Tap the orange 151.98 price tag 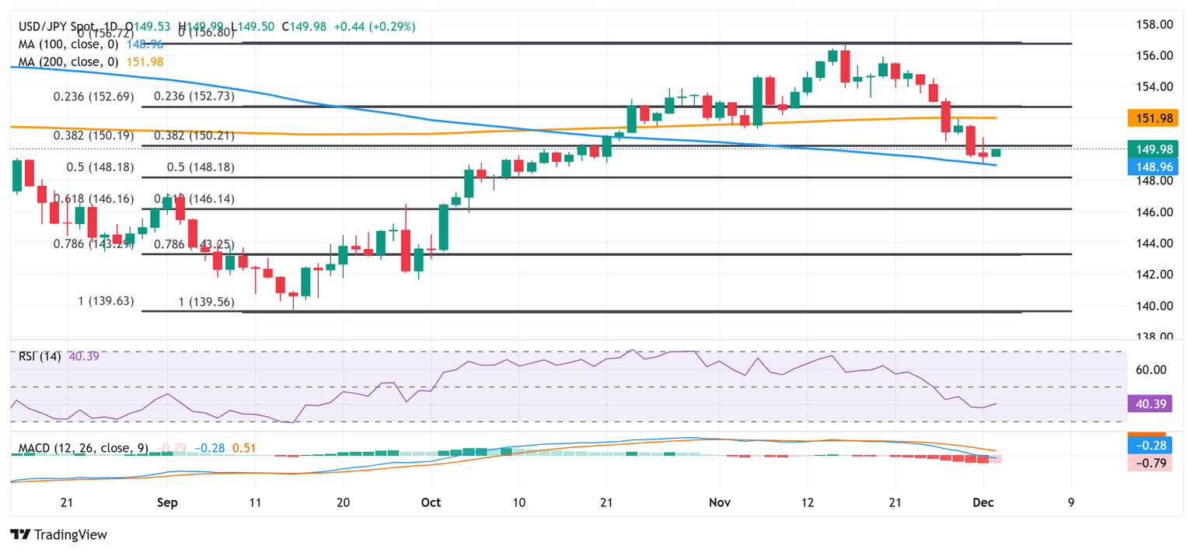tap(1152, 118)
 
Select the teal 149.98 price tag tap(1152, 149)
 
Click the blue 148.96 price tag tap(1152, 165)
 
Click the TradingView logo tap(58, 535)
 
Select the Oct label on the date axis tap(431, 502)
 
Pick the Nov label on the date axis tap(719, 502)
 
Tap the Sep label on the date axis tap(166, 502)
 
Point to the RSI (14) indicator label tap(40, 358)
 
